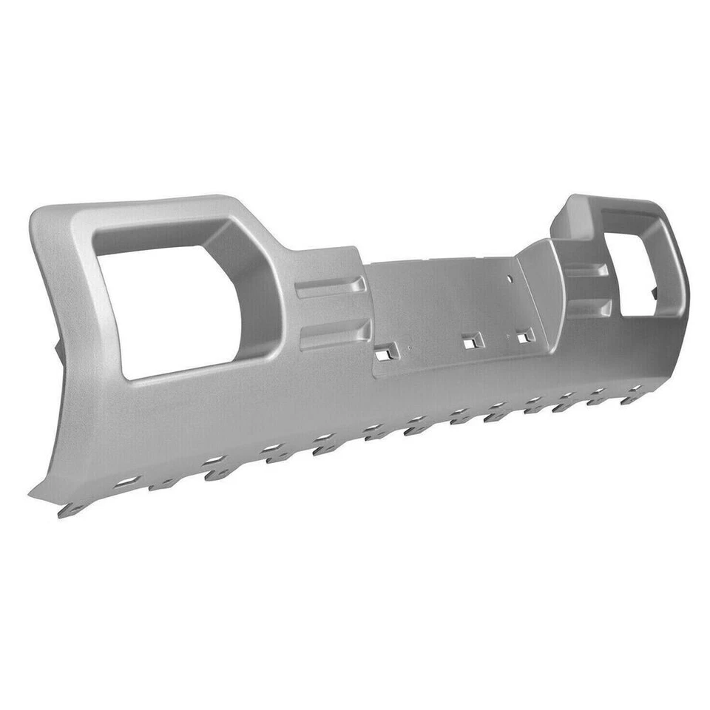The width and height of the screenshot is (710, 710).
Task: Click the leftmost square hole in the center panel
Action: [383, 355]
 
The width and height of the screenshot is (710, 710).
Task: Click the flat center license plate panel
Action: [444, 303]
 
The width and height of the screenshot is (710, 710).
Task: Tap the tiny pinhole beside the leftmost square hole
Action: [399, 346]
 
